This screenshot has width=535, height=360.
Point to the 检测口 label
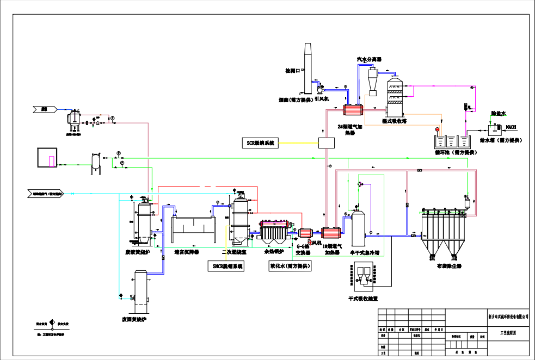point(292,71)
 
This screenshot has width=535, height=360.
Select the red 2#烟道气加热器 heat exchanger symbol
point(352,110)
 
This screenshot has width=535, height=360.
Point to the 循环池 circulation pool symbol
point(451,141)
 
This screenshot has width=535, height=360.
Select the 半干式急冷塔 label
point(364,252)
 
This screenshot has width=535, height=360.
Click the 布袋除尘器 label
point(449,266)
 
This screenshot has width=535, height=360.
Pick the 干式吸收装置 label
point(363,299)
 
